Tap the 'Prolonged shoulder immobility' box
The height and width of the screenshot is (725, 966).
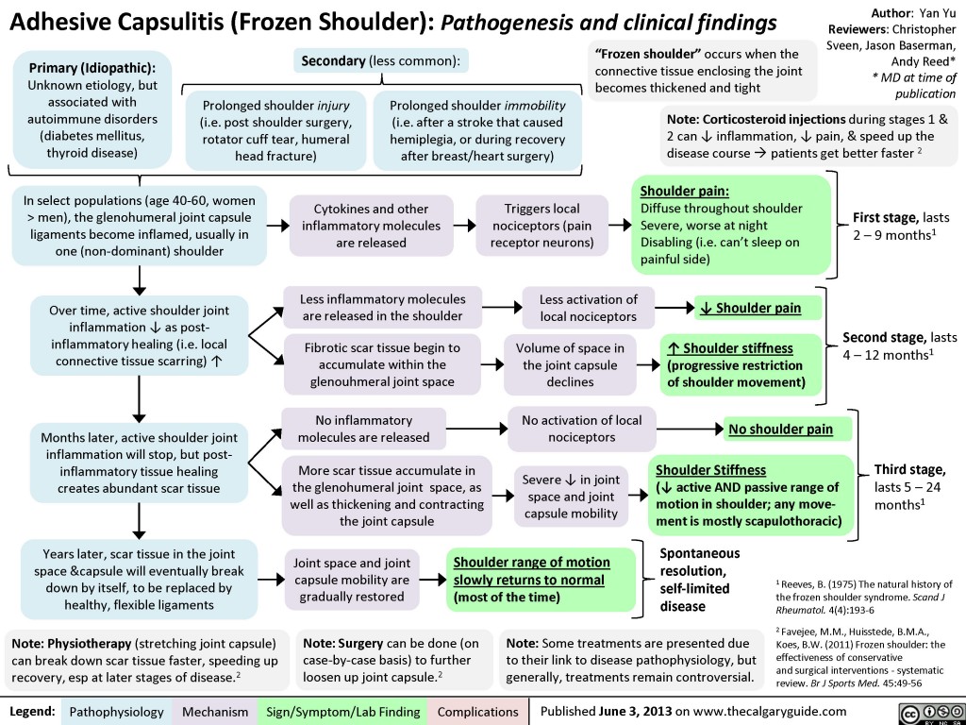coord(477,131)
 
